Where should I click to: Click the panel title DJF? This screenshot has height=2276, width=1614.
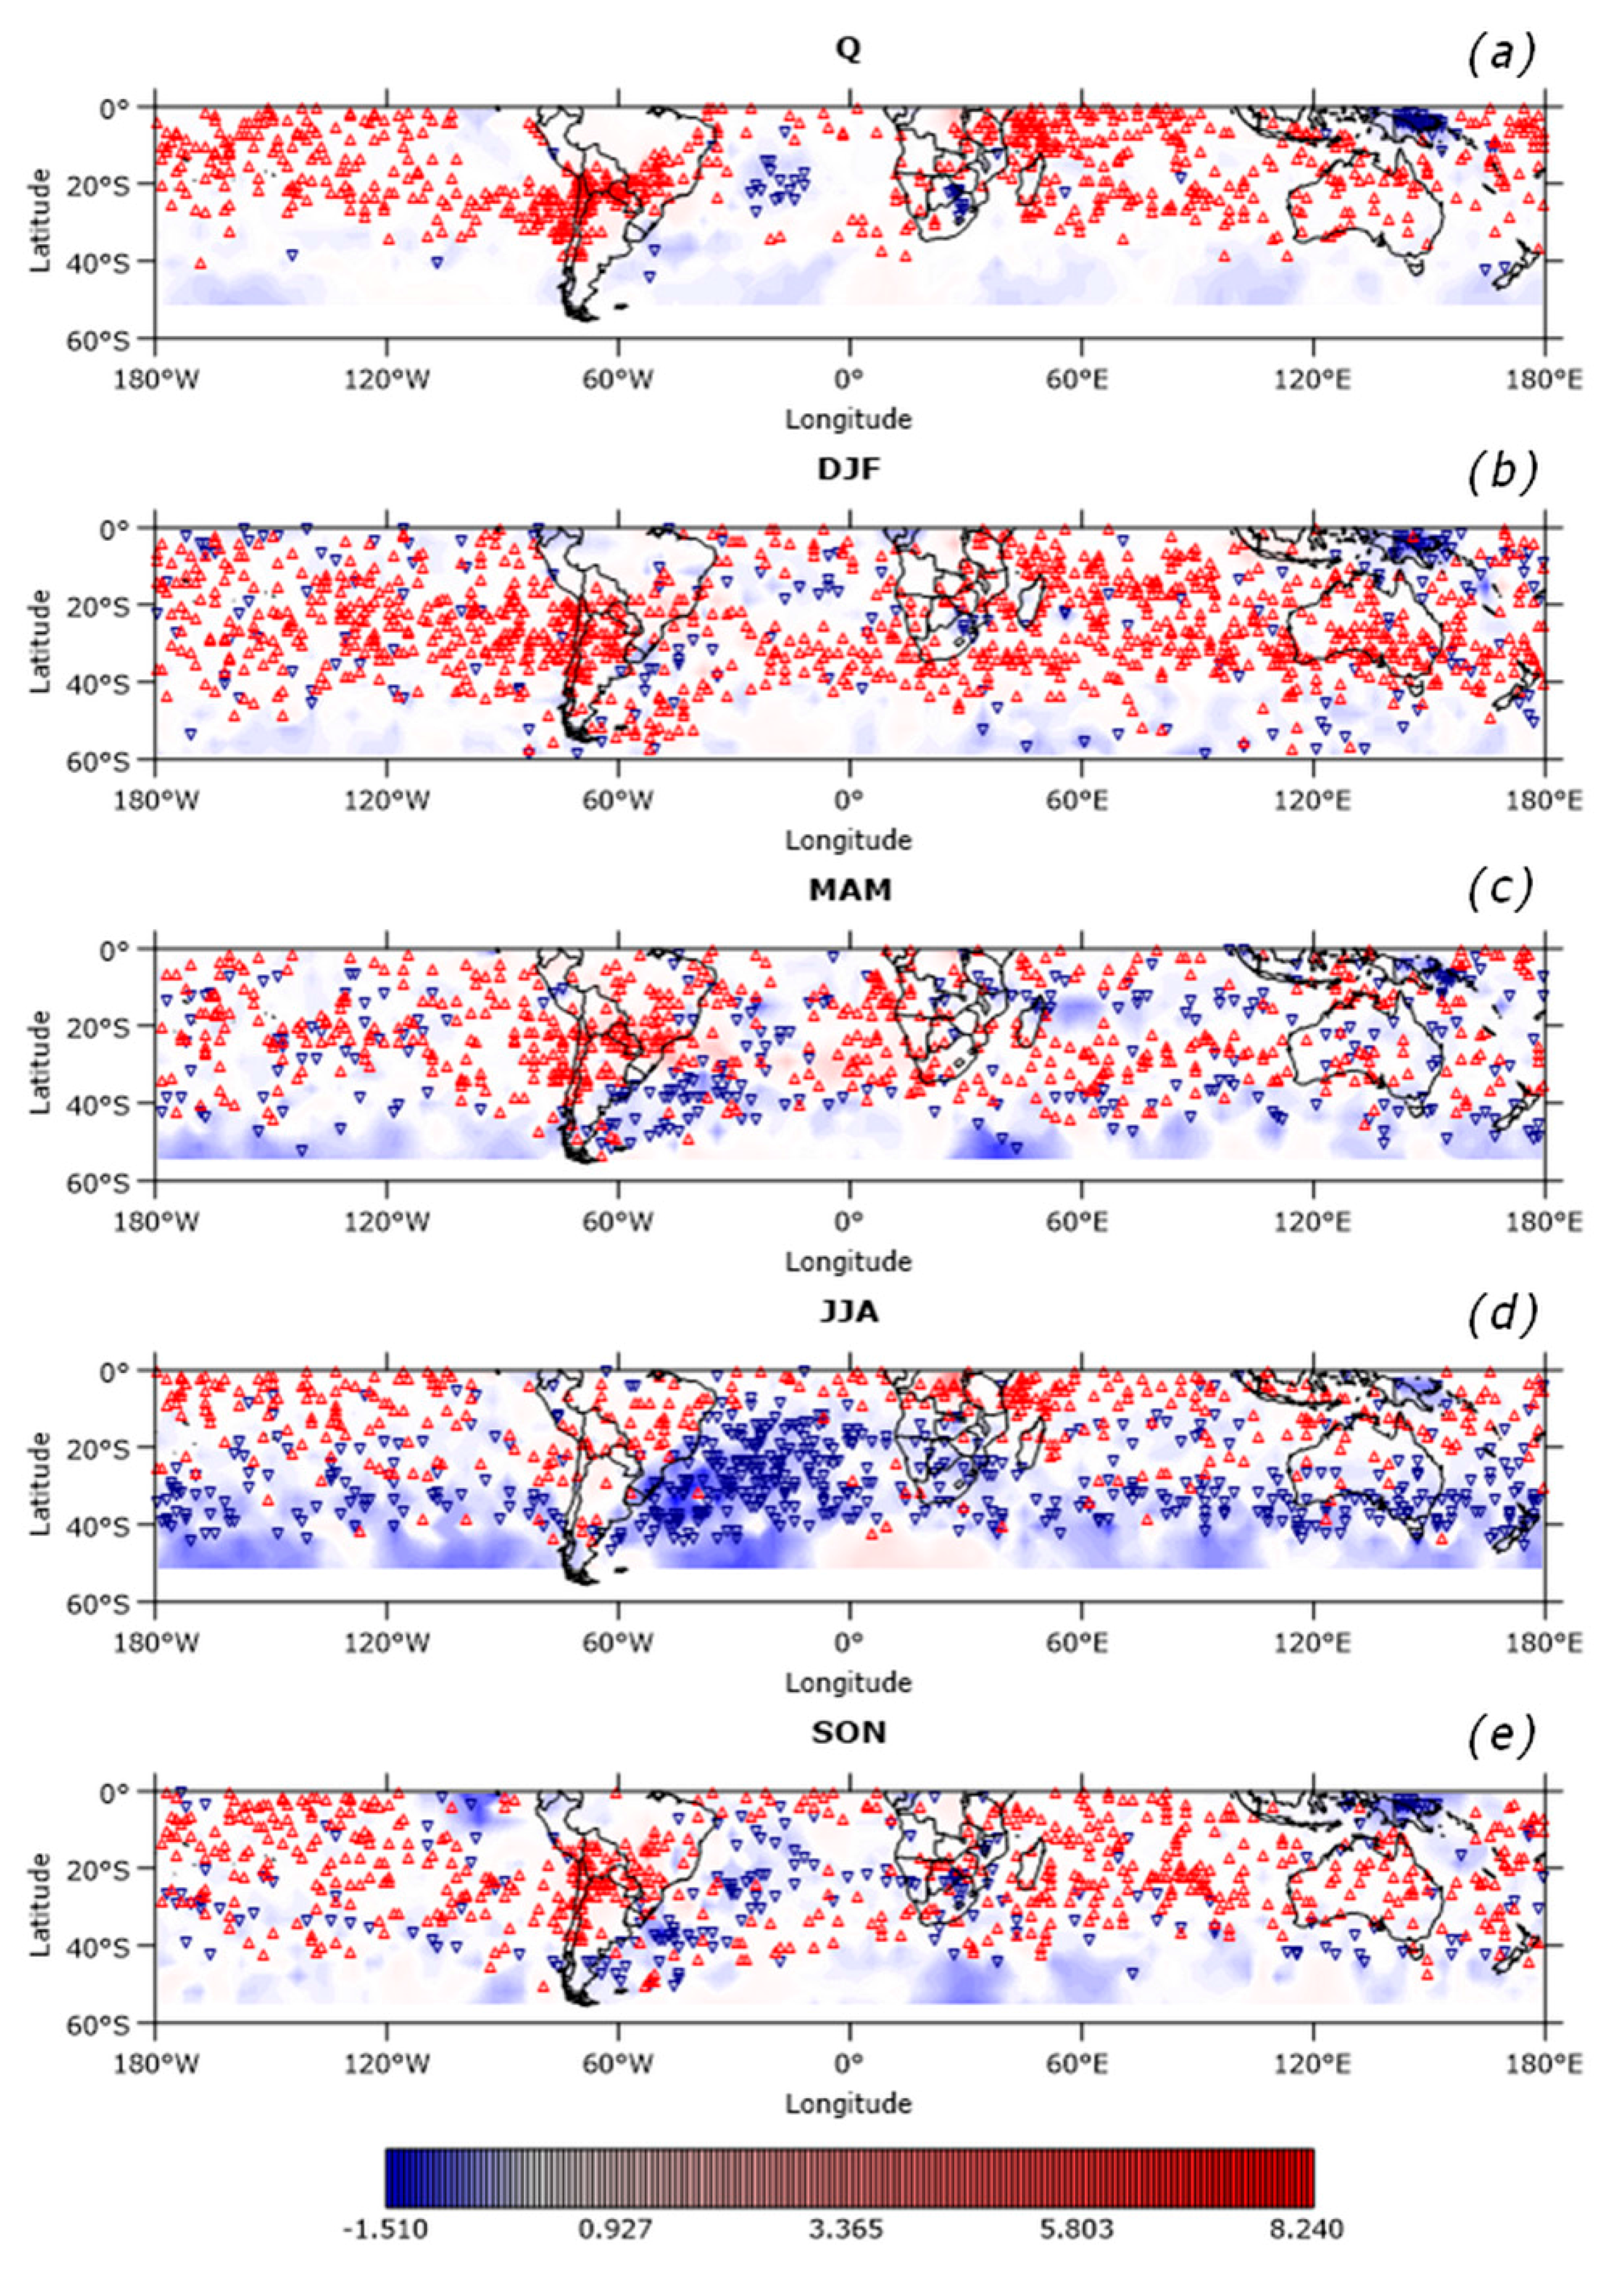[848, 470]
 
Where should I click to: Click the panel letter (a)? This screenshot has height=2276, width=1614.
[1501, 55]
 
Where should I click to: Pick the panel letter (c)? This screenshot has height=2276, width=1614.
[1501, 892]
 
